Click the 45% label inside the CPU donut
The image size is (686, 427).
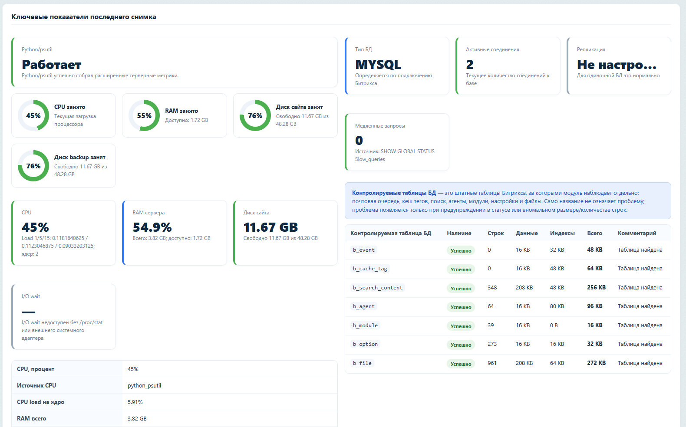click(x=33, y=116)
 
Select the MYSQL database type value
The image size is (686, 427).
click(x=378, y=65)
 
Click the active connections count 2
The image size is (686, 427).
click(x=470, y=65)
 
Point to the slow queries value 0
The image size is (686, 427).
click(x=359, y=141)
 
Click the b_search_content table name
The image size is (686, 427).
click(x=378, y=288)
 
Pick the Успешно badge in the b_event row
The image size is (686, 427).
click(x=461, y=251)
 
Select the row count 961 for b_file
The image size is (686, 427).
click(x=492, y=363)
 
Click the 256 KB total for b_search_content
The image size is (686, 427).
click(x=596, y=287)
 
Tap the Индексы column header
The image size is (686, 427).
click(x=562, y=233)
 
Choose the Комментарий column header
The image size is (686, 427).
click(x=637, y=233)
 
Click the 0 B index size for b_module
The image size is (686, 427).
click(x=554, y=325)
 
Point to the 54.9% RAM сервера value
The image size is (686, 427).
click(x=152, y=227)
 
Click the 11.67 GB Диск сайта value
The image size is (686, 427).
click(x=270, y=227)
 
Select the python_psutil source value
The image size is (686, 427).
click(x=144, y=386)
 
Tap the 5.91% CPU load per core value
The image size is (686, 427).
click(x=135, y=402)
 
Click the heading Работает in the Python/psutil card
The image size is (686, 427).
click(x=51, y=65)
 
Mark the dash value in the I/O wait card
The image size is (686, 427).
click(x=28, y=312)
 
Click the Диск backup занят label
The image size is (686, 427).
click(x=79, y=158)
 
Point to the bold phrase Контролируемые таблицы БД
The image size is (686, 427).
click(x=394, y=193)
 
